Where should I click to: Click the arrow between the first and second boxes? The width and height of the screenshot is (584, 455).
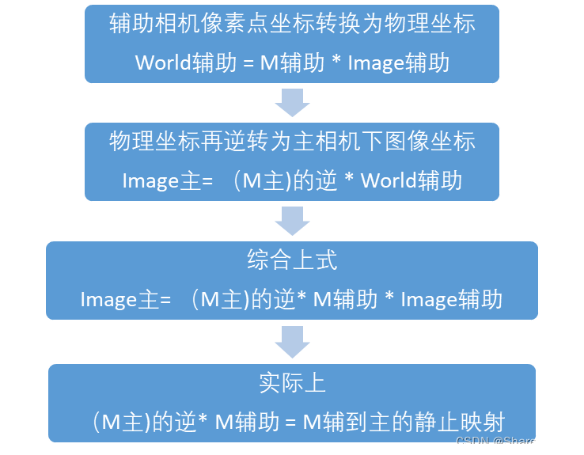click(292, 102)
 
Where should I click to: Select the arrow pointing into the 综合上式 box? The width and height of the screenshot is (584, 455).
click(292, 220)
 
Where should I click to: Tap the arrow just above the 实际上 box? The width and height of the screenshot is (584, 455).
click(292, 341)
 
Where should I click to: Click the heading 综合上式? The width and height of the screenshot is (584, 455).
click(292, 260)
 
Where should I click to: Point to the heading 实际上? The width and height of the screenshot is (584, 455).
click(292, 383)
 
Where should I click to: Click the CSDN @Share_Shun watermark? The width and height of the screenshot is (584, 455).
click(514, 442)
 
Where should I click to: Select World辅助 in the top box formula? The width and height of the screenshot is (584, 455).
click(186, 63)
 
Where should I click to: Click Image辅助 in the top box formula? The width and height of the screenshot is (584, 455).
click(399, 63)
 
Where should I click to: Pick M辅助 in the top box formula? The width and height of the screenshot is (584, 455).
click(292, 63)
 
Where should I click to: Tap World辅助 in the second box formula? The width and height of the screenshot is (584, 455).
click(411, 180)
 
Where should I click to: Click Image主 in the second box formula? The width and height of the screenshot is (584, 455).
click(162, 180)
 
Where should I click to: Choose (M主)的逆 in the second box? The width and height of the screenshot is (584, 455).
click(286, 180)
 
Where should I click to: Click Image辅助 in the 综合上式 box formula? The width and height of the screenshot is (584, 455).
click(452, 300)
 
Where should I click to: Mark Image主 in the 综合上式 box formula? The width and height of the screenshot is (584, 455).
click(120, 300)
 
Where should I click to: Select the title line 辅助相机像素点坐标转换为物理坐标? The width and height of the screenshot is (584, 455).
click(292, 23)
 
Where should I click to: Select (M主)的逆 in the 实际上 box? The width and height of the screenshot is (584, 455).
click(143, 421)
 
